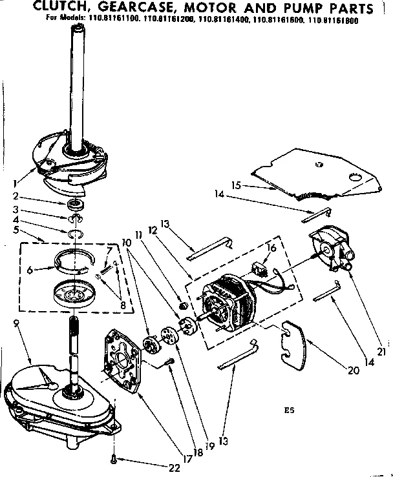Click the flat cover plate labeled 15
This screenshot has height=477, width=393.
(310, 172)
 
